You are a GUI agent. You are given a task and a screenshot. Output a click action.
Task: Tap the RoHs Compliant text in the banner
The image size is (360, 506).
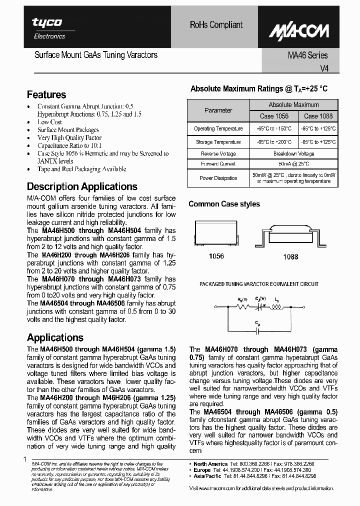[216, 24]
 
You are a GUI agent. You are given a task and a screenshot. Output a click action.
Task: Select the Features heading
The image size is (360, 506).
[46, 94]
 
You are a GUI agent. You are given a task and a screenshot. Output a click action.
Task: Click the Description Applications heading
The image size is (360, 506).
[82, 186]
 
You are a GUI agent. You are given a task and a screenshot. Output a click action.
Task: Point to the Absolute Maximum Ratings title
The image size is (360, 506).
[259, 89]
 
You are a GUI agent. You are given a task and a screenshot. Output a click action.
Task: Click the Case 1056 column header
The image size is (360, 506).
[274, 116]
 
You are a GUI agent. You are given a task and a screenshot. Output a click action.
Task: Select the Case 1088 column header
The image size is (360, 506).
[318, 116]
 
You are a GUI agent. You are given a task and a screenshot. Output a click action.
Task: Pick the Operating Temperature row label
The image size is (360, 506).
[218, 128]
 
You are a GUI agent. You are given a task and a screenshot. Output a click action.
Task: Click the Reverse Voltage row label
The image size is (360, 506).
[218, 154]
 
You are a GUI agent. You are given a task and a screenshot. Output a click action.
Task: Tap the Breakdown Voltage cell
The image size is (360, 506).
[293, 154]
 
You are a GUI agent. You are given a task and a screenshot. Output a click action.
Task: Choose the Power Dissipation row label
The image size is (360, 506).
[218, 178]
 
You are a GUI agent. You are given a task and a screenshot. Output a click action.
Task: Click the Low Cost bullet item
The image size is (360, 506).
[49, 122]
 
